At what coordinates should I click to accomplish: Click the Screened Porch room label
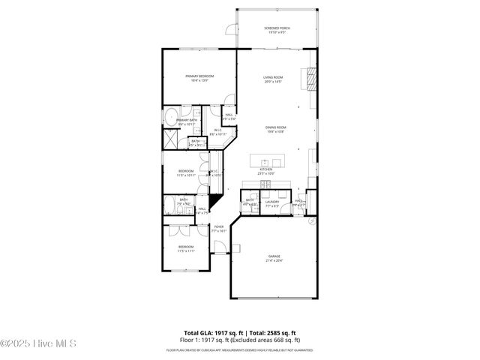(x=277, y=30)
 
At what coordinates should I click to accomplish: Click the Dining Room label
(x=275, y=130)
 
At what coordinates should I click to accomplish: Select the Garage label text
(x=274, y=259)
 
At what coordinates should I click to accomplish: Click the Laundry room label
(x=271, y=203)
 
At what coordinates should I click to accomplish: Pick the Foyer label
(x=219, y=229)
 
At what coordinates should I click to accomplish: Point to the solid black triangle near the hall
(x=213, y=202)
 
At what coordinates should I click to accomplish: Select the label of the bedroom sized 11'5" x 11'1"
(x=185, y=249)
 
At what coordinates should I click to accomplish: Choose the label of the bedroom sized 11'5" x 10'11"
(x=186, y=172)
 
